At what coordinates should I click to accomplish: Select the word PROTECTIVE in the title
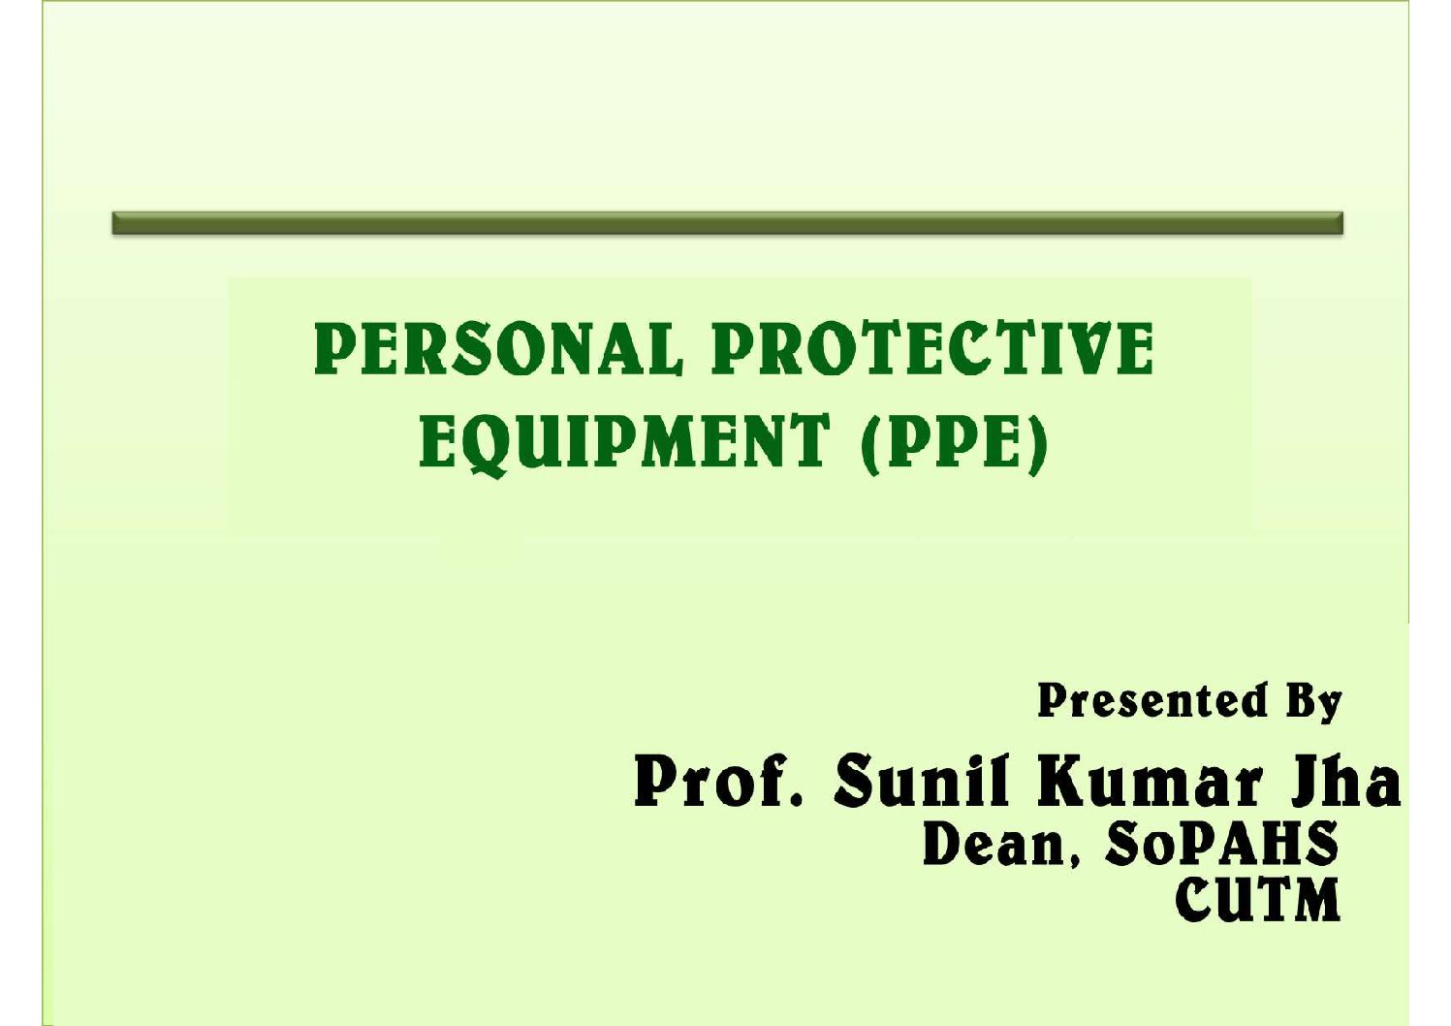pos(932,349)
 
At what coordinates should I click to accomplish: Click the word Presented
pos(1152,701)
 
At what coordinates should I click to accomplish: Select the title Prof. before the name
pos(718,781)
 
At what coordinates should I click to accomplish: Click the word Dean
pos(994,845)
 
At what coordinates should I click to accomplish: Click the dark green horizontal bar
pos(728,223)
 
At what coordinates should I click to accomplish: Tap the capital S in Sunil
pos(856,781)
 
